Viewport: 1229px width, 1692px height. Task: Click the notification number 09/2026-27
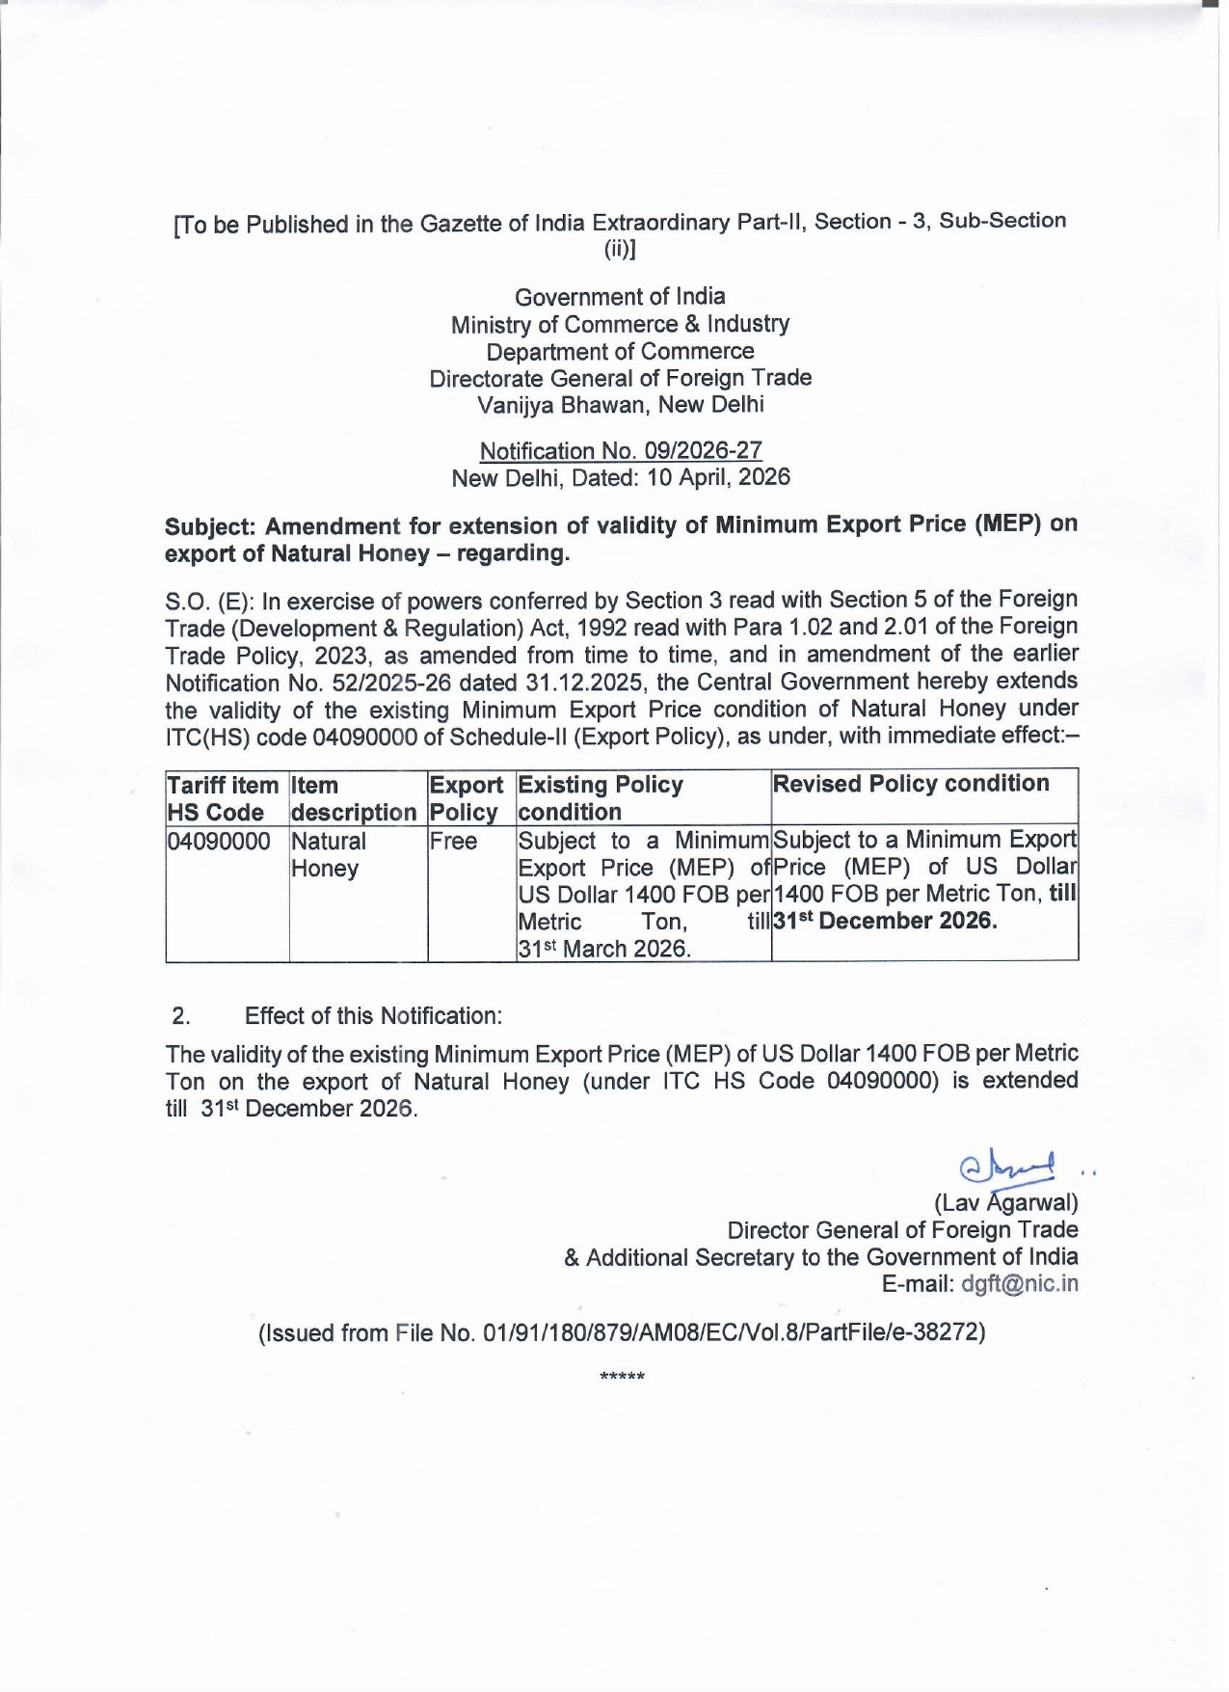(x=621, y=450)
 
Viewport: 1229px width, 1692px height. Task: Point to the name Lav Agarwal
(x=1005, y=1203)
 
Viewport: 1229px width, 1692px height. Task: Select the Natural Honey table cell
(x=329, y=854)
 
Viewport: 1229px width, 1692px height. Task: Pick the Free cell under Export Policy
(x=454, y=842)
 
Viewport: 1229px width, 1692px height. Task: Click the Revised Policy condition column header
(x=911, y=784)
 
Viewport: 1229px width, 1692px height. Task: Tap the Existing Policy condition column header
(x=601, y=798)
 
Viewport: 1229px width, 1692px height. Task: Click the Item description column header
(x=354, y=799)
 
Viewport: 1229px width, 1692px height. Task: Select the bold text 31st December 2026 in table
(x=885, y=921)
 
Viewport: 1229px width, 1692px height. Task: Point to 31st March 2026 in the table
(x=604, y=949)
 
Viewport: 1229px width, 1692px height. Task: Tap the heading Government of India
(x=620, y=297)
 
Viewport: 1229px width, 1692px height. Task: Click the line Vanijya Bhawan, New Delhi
(x=620, y=405)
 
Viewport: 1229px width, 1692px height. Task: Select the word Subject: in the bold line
(x=211, y=526)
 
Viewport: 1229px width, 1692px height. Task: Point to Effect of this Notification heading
(x=373, y=1016)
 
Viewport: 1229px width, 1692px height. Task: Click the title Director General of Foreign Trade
(x=902, y=1230)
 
